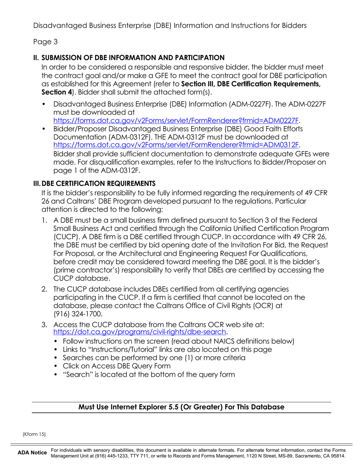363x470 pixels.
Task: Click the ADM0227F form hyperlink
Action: pyautogui.click(x=176, y=120)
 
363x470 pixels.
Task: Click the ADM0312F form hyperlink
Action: pyautogui.click(x=176, y=144)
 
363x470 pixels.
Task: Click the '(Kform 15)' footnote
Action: pyautogui.click(x=34, y=434)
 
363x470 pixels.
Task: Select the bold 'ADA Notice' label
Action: pyautogui.click(x=32, y=453)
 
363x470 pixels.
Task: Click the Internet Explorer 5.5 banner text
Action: pyautogui.click(x=181, y=407)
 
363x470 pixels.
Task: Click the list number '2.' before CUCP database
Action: pyautogui.click(x=44, y=289)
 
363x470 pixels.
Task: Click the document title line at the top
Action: pyautogui.click(x=170, y=26)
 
